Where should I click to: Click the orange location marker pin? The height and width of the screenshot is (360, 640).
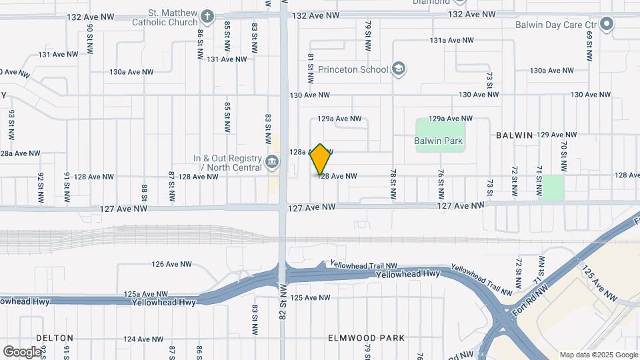pyautogui.click(x=321, y=159)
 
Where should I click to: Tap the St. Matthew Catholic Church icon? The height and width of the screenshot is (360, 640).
pyautogui.click(x=207, y=17)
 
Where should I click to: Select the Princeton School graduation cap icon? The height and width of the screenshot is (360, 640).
pyautogui.click(x=399, y=69)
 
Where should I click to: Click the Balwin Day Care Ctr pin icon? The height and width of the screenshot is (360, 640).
pyautogui.click(x=606, y=25)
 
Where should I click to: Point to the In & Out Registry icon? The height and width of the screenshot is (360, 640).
pyautogui.click(x=271, y=162)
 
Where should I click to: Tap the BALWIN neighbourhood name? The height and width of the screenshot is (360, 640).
pyautogui.click(x=514, y=135)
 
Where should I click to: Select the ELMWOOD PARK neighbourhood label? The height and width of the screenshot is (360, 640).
pyautogui.click(x=366, y=338)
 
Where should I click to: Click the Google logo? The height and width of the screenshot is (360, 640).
pyautogui.click(x=22, y=351)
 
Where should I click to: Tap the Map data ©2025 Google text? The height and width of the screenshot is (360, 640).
pyautogui.click(x=598, y=355)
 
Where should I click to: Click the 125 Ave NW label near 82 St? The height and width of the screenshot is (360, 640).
pyautogui.click(x=311, y=297)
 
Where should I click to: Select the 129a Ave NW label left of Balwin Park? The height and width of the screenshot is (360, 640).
pyautogui.click(x=339, y=119)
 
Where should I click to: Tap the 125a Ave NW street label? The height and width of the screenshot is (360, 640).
pyautogui.click(x=145, y=294)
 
